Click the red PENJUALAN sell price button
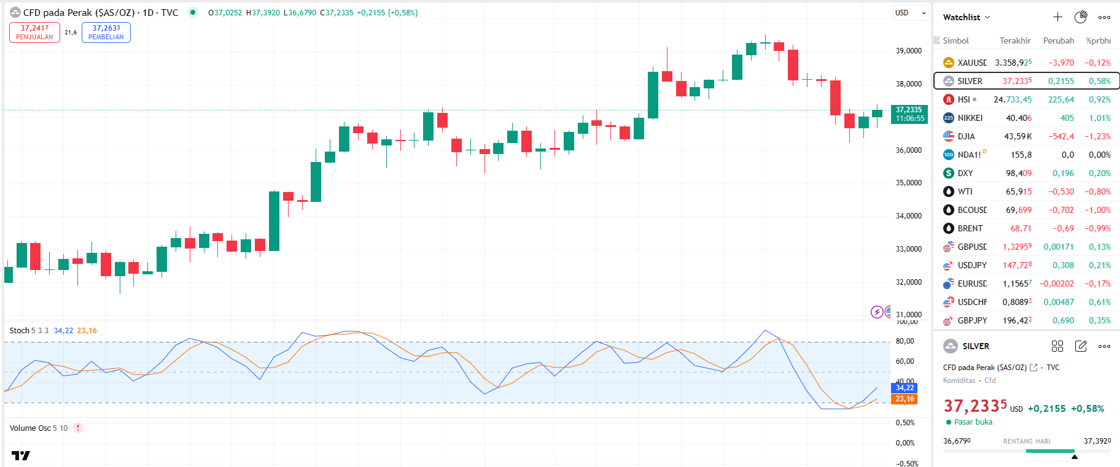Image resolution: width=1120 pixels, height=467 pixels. click(x=34, y=33)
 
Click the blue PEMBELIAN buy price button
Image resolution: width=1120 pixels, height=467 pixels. click(x=106, y=33)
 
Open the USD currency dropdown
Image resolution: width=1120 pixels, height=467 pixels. click(x=909, y=13)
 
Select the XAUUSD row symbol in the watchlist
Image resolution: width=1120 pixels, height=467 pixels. click(x=971, y=63)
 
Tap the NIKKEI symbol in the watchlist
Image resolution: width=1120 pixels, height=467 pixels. click(x=970, y=118)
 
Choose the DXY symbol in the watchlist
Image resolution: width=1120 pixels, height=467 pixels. click(x=965, y=173)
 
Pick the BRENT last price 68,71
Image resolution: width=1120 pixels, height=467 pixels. click(x=1021, y=228)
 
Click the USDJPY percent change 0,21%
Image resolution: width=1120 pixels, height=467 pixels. click(x=1099, y=265)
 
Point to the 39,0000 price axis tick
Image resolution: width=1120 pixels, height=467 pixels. click(x=908, y=51)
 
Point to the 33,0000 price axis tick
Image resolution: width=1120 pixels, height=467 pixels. click(x=908, y=249)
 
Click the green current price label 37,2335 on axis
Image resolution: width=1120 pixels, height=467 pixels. click(x=909, y=114)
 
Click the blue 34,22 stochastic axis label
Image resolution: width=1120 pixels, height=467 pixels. click(x=904, y=388)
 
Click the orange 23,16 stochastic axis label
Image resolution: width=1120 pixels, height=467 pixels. click(x=904, y=399)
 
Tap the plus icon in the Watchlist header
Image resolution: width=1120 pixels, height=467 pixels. click(x=1057, y=17)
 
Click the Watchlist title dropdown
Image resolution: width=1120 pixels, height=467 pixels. click(x=966, y=17)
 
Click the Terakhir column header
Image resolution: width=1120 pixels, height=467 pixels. click(x=1014, y=41)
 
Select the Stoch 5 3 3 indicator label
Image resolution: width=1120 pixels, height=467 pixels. click(x=29, y=331)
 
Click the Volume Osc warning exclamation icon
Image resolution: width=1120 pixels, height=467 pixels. click(x=78, y=428)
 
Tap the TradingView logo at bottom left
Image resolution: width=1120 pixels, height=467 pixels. click(x=20, y=455)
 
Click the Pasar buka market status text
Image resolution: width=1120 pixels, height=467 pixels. click(x=973, y=422)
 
